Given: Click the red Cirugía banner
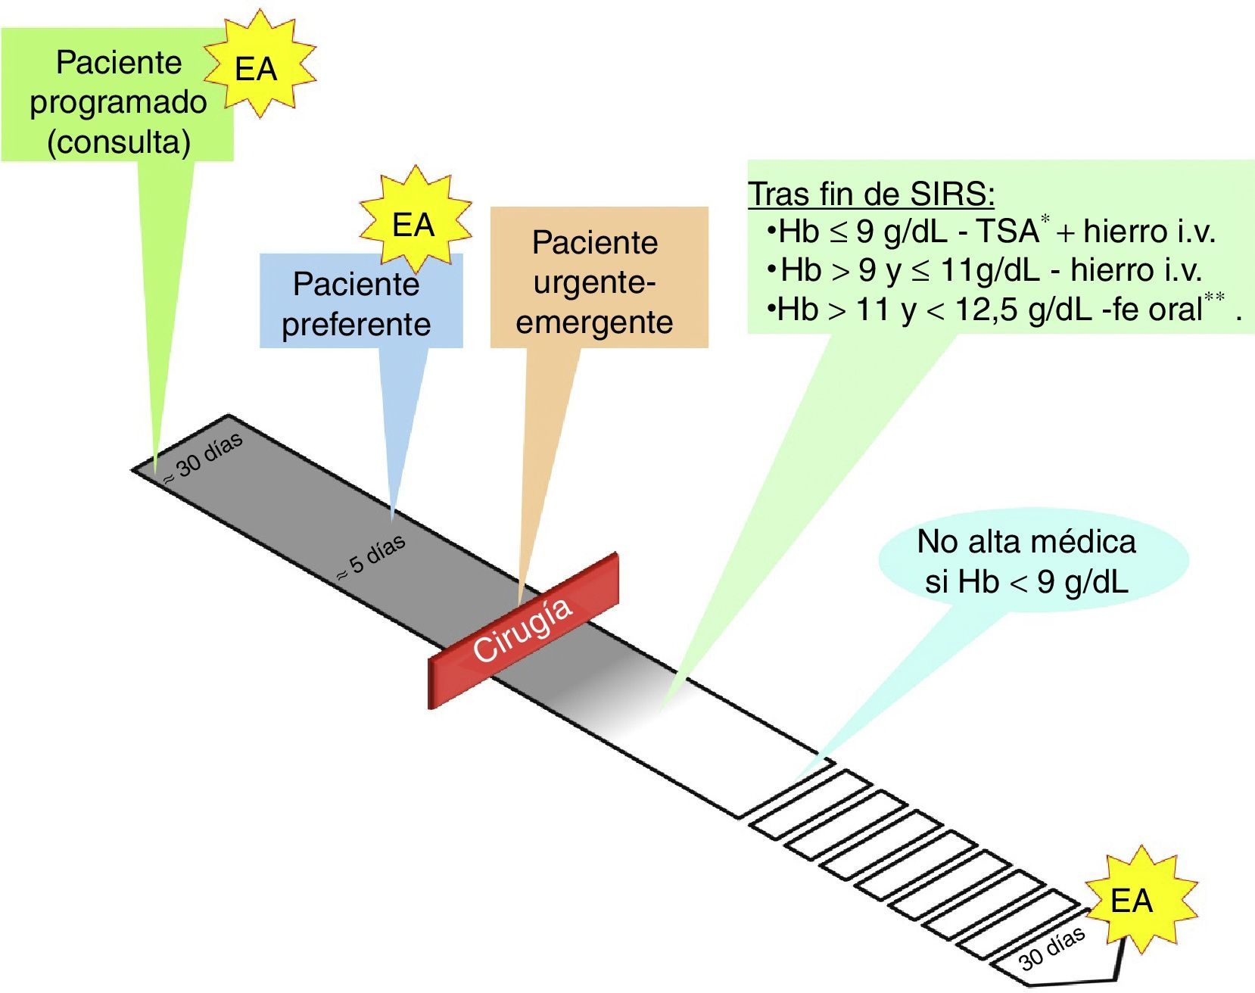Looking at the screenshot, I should [x=523, y=630].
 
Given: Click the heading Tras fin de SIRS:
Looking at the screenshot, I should [x=871, y=194].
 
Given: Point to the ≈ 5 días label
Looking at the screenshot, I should [x=372, y=558].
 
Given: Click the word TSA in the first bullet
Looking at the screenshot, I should [x=1007, y=231].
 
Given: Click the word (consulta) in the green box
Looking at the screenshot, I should [x=119, y=142].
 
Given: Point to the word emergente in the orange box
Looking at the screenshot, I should [x=594, y=322].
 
